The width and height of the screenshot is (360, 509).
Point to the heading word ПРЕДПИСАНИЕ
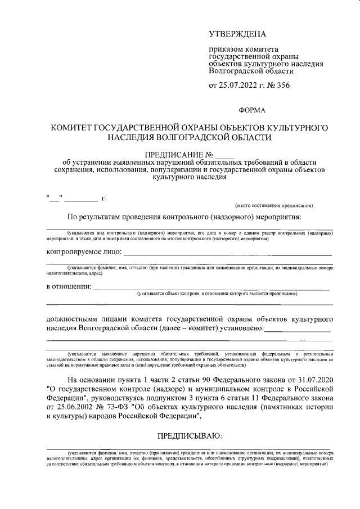pos(173,155)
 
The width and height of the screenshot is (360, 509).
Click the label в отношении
pos(68,287)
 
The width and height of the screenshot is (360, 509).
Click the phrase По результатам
pos(94,217)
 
